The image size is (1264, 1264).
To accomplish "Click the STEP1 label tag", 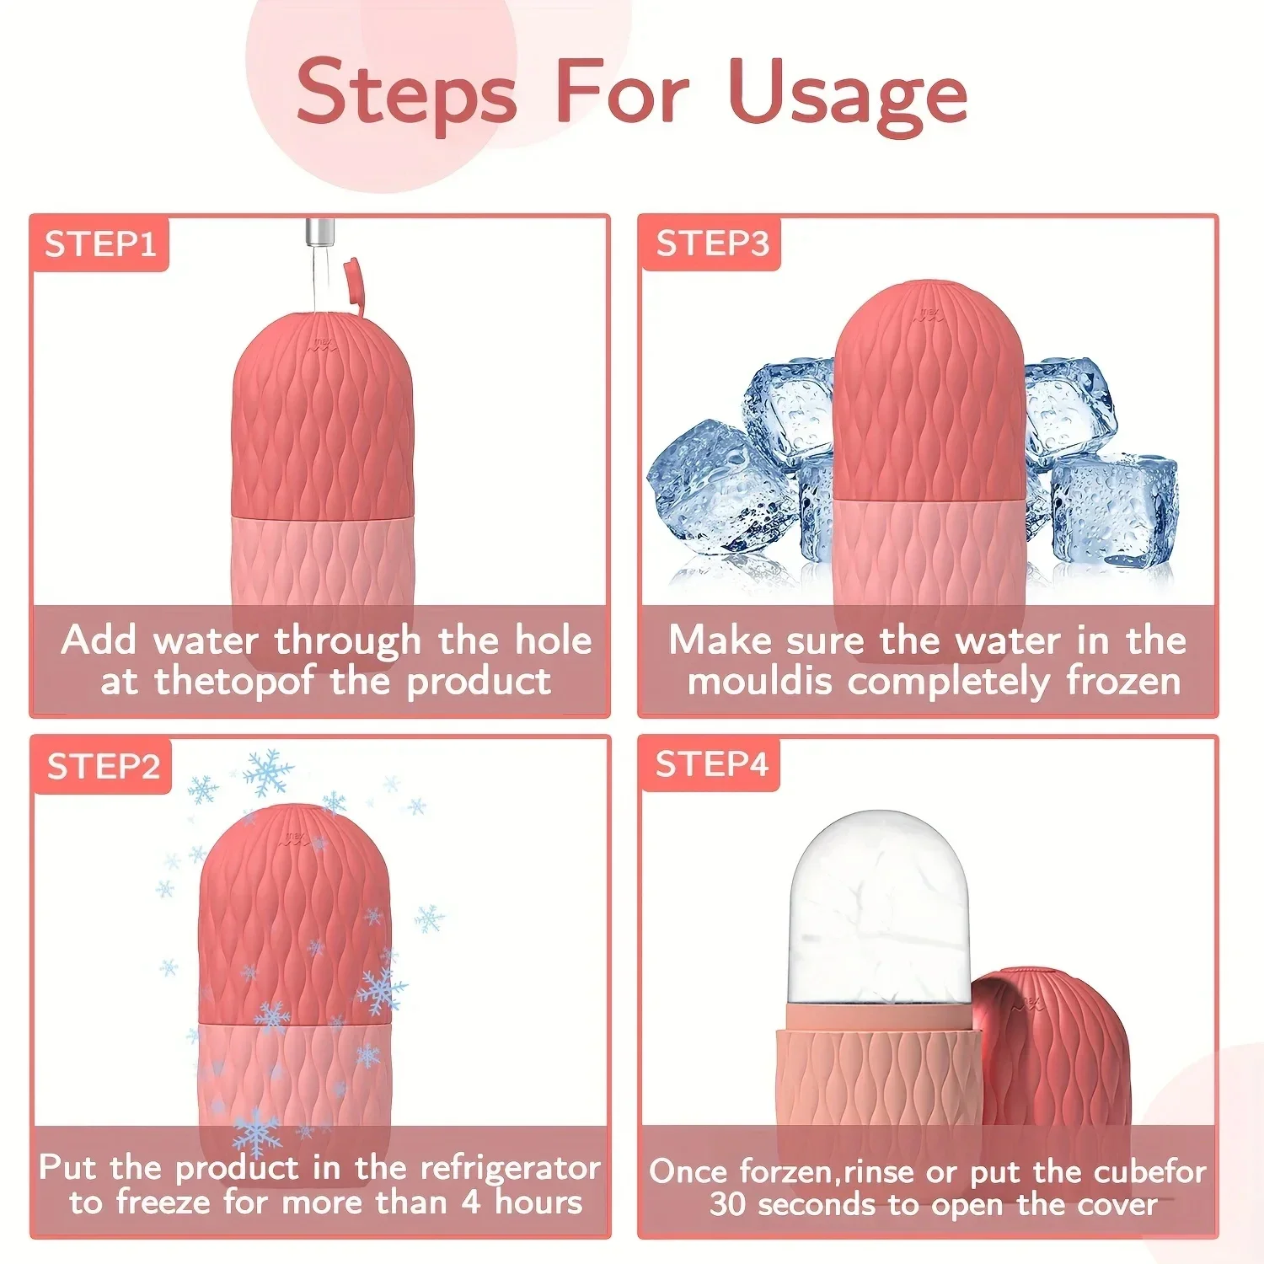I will pos(100,244).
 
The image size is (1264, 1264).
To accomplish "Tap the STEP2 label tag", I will pos(103,767).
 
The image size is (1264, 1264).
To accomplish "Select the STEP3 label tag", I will pos(712,244).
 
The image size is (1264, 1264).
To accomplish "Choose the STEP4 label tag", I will pos(712,764).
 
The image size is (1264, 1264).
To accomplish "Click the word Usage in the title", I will pos(848,94).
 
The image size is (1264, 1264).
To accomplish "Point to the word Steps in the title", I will pos(406,94).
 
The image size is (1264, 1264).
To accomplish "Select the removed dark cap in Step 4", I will pos(1062,1045).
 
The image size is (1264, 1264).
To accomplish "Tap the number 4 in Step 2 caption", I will pos(471,1202).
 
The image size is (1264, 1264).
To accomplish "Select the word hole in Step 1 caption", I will pos(553,640).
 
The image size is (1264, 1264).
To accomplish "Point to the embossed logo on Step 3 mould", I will pos(929,314).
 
